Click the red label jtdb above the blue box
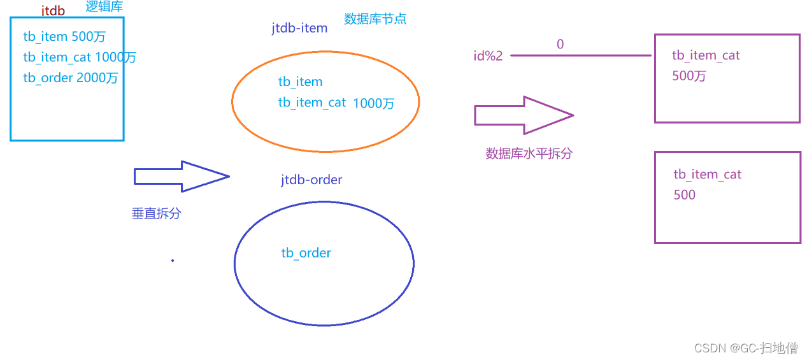(53, 10)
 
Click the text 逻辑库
(104, 7)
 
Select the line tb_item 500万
(64, 37)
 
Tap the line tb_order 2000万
(70, 78)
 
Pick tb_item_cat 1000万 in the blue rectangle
(80, 57)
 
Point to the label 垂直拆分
(156, 213)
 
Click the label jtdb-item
(299, 28)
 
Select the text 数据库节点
(375, 18)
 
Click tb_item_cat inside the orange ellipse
(312, 103)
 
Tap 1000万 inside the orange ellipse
(373, 103)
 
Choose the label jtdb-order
(311, 180)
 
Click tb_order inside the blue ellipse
(306, 253)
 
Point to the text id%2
(487, 56)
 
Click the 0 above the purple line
(560, 45)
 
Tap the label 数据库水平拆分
(529, 154)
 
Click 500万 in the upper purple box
(689, 76)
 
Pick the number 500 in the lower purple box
(684, 195)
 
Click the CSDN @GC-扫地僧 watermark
(745, 348)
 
